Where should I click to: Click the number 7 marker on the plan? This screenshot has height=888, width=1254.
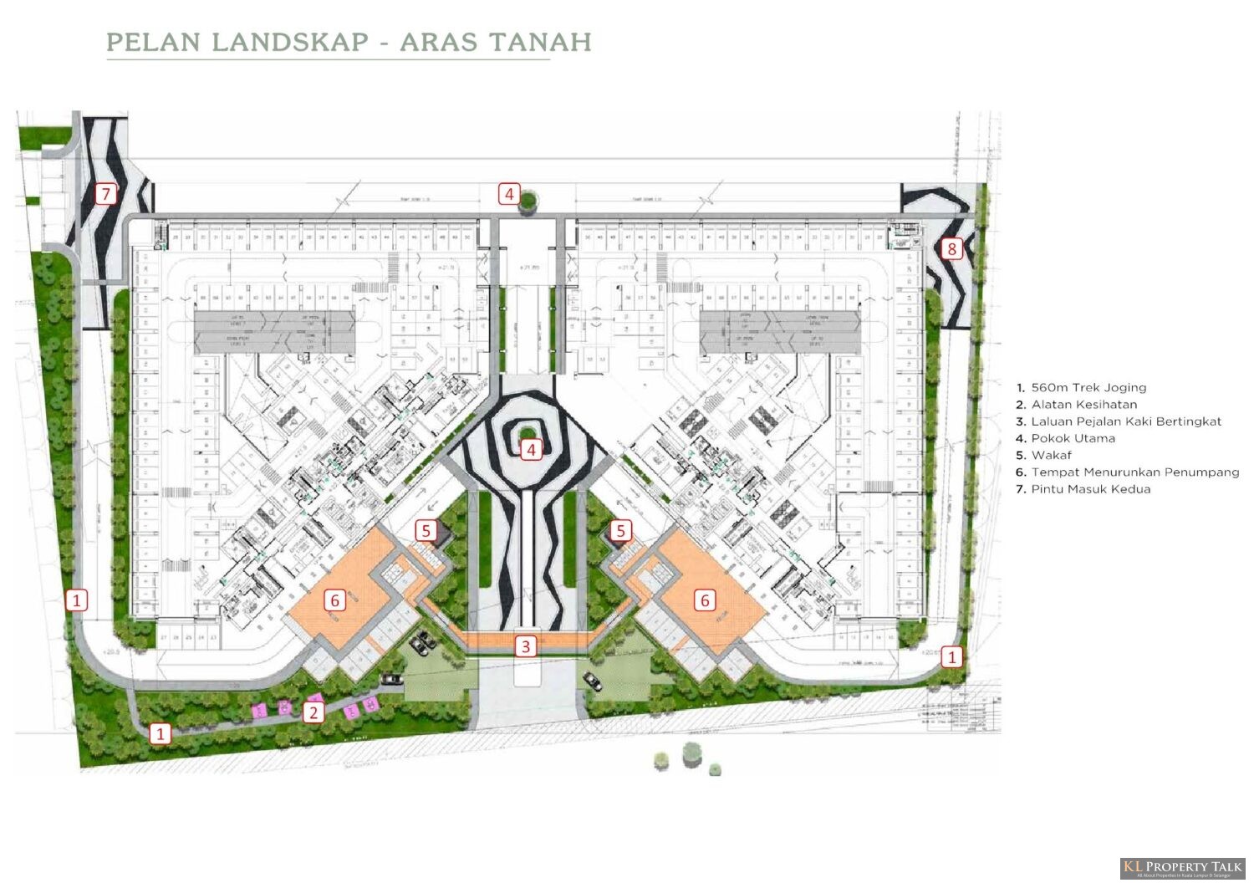click(x=105, y=194)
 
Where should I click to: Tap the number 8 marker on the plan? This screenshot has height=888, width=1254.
click(x=951, y=248)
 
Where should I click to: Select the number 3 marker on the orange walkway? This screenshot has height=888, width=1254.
click(x=526, y=646)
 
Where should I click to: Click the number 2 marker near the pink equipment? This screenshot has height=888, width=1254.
click(x=313, y=712)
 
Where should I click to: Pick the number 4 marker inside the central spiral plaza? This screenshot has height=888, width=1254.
click(x=531, y=450)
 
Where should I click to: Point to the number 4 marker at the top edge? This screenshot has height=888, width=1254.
click(x=510, y=194)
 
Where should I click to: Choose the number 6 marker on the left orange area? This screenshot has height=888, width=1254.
click(x=335, y=600)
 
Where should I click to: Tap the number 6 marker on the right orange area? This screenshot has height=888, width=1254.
click(x=705, y=600)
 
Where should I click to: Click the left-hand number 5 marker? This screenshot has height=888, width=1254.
click(x=426, y=530)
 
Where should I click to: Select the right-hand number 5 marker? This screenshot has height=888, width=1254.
click(x=620, y=530)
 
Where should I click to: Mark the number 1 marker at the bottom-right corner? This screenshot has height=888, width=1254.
click(x=951, y=657)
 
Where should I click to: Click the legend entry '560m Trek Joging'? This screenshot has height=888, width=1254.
click(x=1088, y=387)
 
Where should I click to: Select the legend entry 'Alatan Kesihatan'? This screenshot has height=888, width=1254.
click(x=1083, y=404)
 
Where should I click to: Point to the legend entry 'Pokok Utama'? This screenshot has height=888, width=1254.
click(x=1073, y=438)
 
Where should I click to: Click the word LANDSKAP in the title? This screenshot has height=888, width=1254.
click(x=290, y=42)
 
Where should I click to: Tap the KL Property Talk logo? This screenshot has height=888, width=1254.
click(x=1183, y=868)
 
